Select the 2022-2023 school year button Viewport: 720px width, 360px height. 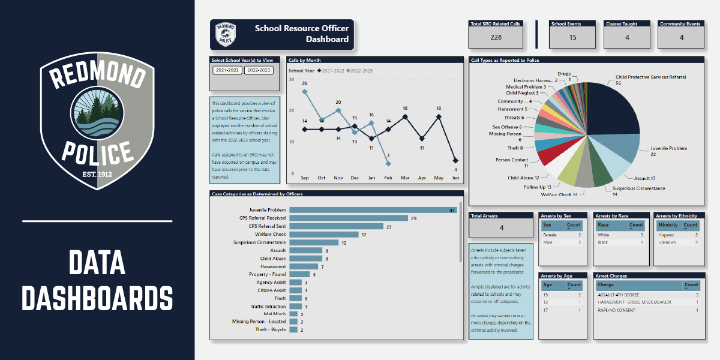point(259,71)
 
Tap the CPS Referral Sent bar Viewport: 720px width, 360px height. point(336,226)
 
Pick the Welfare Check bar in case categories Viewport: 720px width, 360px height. point(323,235)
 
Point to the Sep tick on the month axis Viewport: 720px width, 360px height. point(305,178)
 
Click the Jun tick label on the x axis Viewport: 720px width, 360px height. point(455,178)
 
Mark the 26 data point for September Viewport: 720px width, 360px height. point(305,92)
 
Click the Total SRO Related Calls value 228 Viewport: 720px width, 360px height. point(496,37)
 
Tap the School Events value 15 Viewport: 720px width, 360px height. point(572,37)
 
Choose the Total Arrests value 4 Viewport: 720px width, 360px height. point(501,228)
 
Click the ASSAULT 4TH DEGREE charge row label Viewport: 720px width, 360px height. point(619,295)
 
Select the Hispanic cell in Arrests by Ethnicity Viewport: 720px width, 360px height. point(667,235)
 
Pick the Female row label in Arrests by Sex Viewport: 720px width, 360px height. point(550,235)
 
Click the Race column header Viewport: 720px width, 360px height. point(604,225)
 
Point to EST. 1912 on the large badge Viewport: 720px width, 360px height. point(97,175)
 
